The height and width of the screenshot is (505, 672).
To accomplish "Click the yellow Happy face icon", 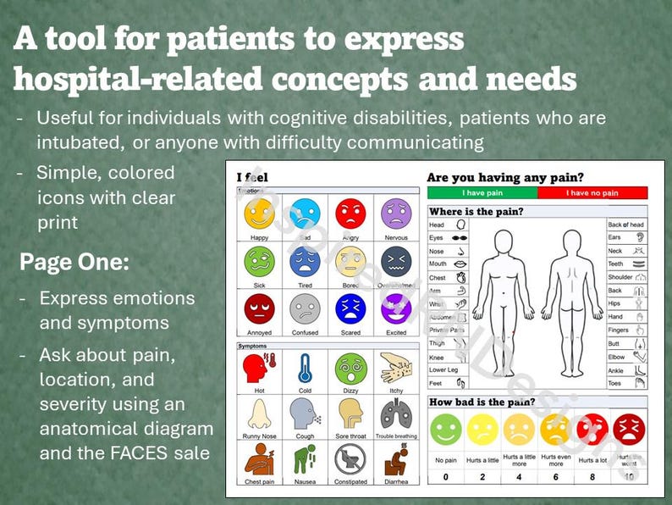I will [x=258, y=214].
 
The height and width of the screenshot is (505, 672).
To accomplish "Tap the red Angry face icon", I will [x=350, y=214].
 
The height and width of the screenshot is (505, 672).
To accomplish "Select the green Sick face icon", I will [x=258, y=262].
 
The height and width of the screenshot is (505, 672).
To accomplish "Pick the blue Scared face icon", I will [x=350, y=309].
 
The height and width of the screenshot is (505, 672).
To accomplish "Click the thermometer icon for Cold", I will [x=305, y=369].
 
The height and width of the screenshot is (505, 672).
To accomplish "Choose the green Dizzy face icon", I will [x=350, y=369].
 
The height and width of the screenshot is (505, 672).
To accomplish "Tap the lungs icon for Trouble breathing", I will [x=395, y=414].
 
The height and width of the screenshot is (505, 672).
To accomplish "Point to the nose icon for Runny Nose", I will [x=258, y=414].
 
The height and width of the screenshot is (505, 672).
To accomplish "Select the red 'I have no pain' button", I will [x=592, y=193].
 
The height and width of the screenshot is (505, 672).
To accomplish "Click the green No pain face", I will [x=446, y=429].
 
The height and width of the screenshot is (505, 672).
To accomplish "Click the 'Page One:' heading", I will [x=74, y=262].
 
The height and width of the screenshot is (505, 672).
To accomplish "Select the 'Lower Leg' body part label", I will [x=443, y=370].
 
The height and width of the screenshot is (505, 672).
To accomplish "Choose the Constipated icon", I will [x=350, y=460].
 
